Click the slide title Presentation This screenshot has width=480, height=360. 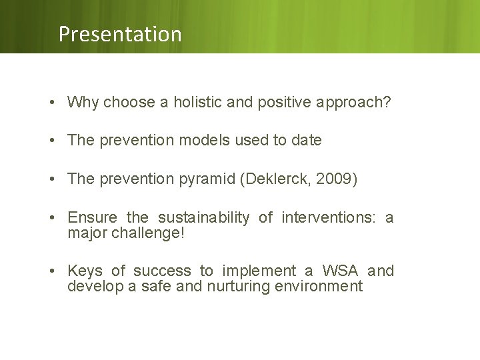point(120,34)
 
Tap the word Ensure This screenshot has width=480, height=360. point(92,218)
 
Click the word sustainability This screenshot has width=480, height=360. point(203,218)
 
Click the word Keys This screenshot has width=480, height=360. point(85,271)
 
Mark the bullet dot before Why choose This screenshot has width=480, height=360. point(51,103)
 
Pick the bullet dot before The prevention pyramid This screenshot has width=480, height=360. point(51,180)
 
